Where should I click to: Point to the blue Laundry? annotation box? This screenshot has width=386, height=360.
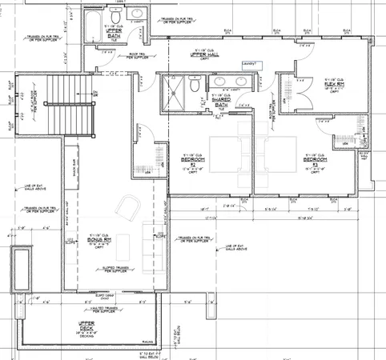click(247, 62)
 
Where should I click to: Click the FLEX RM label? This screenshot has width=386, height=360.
click(334, 87)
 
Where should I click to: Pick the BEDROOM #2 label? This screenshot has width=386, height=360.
click(185, 160)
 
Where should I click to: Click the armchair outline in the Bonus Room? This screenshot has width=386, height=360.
click(127, 210)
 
